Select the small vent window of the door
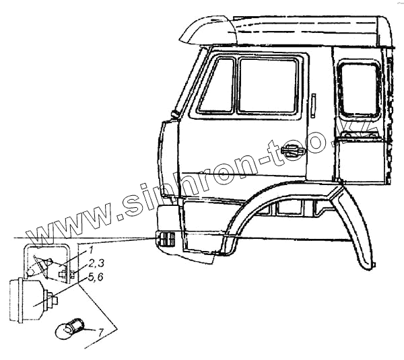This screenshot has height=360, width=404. coord(216,85)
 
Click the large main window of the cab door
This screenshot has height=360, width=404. coord(268,86)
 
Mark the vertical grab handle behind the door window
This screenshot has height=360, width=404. coord(312,105)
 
